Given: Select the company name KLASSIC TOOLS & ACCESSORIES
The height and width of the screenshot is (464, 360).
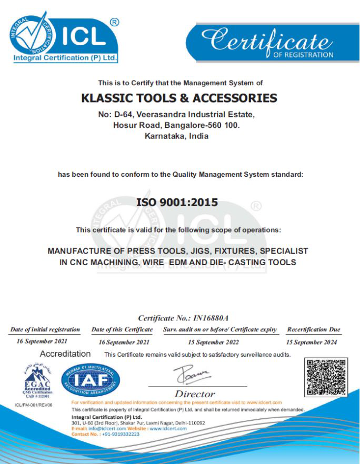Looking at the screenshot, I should click(179, 98).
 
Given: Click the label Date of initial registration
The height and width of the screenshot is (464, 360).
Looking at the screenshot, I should click(45, 330).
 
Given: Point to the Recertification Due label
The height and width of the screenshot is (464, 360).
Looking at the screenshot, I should click(313, 330).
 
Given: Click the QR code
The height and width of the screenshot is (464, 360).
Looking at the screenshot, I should click(327, 377).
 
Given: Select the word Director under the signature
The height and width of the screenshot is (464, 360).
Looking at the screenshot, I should click(195, 394).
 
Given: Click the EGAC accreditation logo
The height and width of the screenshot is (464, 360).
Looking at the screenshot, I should click(36, 380).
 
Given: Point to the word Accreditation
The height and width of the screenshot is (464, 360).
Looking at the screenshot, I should click(65, 354).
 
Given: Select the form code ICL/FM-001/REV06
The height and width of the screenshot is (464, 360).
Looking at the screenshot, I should click(34, 405).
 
